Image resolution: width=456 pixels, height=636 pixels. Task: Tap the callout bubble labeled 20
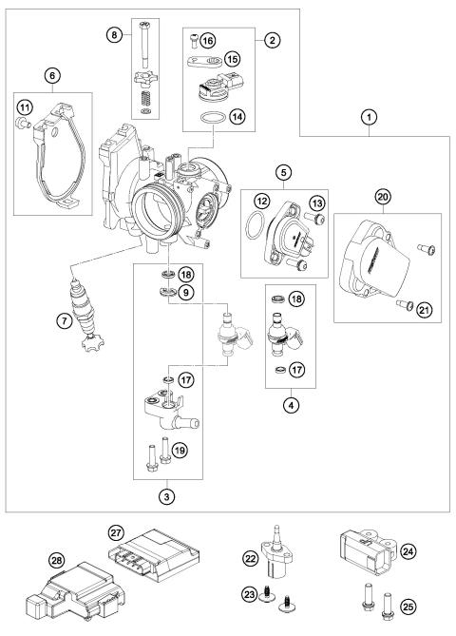click(355, 196)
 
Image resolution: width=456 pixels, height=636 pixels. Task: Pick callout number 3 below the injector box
click(167, 495)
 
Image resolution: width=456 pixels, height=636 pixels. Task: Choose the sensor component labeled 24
click(362, 550)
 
